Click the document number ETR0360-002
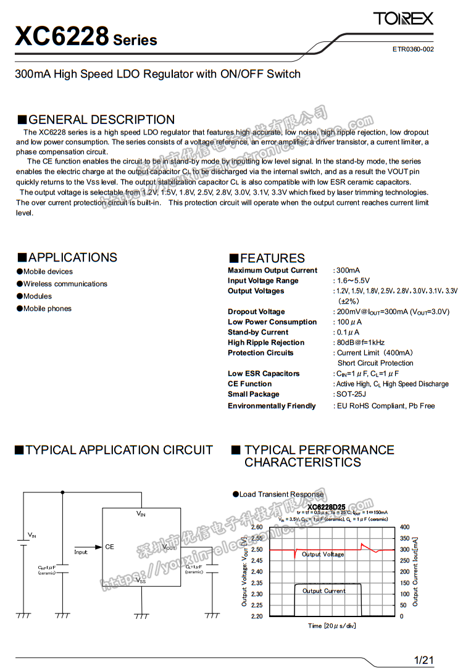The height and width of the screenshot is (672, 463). [x=413, y=49]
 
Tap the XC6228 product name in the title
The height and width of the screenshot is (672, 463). [x=62, y=36]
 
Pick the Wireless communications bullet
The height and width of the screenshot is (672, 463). [x=65, y=284]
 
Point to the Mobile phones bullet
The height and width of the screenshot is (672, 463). [x=48, y=309]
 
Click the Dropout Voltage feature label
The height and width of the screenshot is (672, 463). [x=256, y=312]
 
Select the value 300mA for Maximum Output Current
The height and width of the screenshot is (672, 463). [x=348, y=270]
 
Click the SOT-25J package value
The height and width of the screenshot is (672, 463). [x=351, y=394]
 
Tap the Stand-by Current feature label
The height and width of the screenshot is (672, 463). [x=257, y=332]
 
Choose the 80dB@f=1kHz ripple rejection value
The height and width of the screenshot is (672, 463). [x=361, y=342]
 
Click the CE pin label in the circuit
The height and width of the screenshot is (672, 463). [x=109, y=547]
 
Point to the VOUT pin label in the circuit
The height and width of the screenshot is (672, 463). [x=169, y=547]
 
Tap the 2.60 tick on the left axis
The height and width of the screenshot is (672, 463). [x=256, y=527]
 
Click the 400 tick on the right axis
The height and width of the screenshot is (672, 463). [x=405, y=527]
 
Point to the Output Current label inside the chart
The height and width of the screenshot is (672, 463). [x=324, y=591]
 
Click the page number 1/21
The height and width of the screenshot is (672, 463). [x=424, y=660]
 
